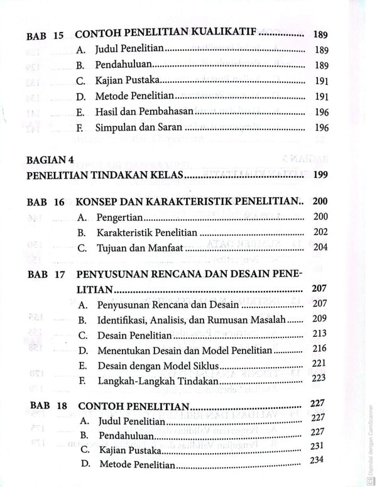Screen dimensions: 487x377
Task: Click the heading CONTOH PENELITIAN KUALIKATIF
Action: [x=167, y=35]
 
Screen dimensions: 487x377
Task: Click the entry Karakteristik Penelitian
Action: [x=146, y=232]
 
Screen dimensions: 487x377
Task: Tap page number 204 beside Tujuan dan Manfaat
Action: [x=320, y=247]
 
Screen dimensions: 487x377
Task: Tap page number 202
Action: [x=320, y=232]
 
